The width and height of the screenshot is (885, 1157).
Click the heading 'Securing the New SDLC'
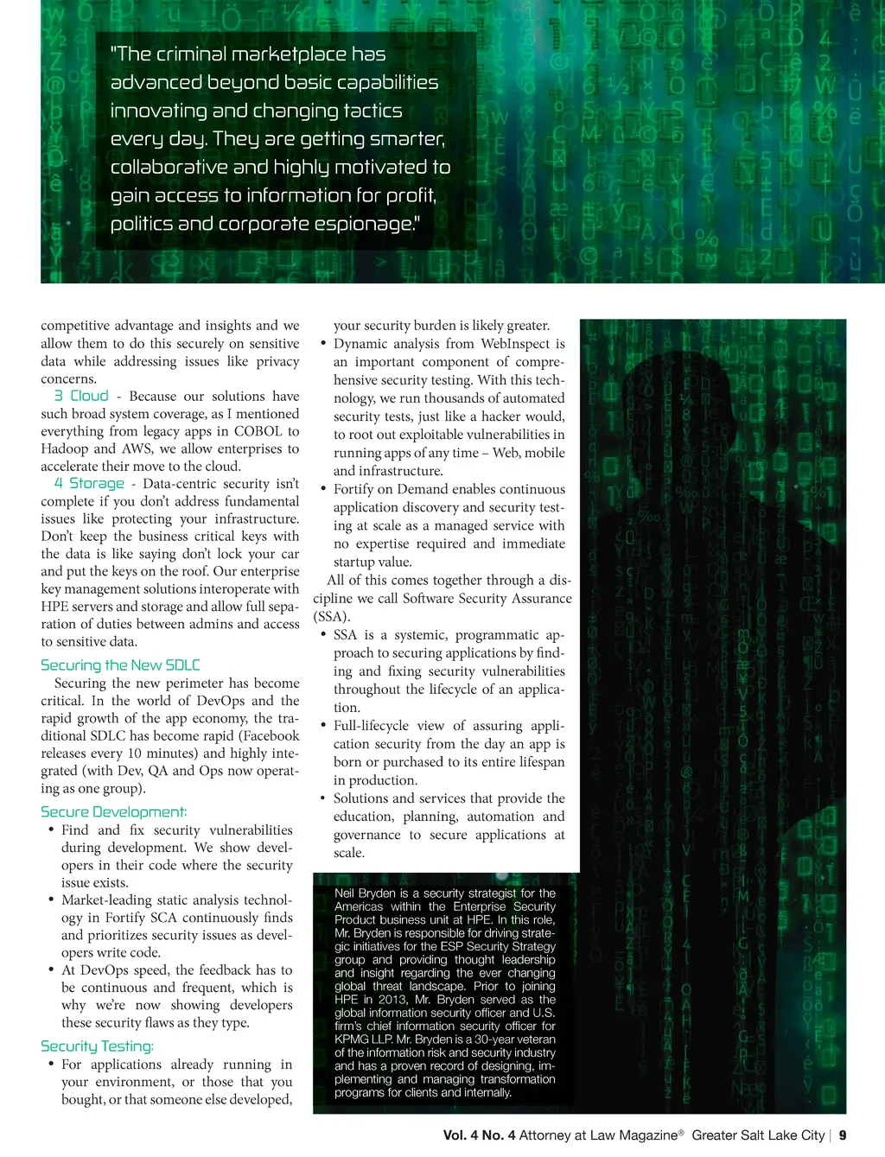pos(120,664)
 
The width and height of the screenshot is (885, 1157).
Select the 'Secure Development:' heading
pos(113,811)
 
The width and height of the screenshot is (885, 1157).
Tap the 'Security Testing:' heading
pos(97,1046)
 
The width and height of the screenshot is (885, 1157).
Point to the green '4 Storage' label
pos(89,483)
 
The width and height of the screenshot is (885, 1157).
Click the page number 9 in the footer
pos(843,1135)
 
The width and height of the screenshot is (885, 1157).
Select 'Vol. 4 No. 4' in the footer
pos(479,1135)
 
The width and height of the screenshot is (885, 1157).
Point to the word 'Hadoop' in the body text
pos(64,448)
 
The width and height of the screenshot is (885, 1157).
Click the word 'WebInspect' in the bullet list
pos(515,343)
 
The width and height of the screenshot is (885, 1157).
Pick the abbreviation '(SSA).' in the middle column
pos(332,616)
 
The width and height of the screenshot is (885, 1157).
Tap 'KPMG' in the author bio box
pos(352,1039)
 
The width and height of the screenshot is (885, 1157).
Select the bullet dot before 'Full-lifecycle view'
pos(323,725)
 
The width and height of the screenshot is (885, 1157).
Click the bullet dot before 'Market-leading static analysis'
pos(51,900)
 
